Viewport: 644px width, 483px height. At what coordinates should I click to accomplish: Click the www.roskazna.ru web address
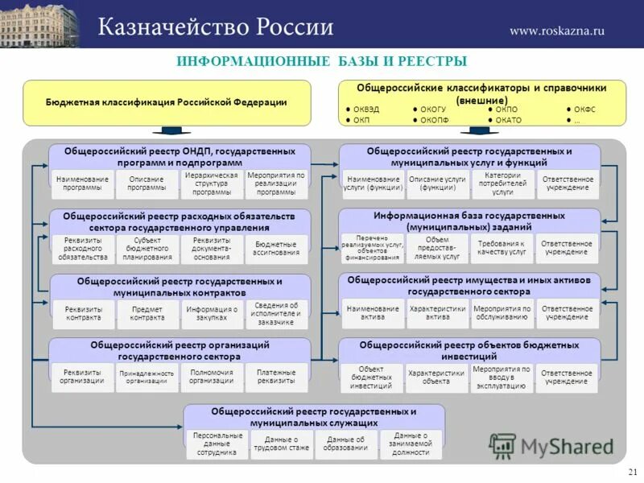coord(556,31)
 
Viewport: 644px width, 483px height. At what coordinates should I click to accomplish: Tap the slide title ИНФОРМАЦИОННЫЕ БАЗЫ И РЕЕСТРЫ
coord(321,62)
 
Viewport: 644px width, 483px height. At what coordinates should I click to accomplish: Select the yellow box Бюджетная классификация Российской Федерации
coord(167,102)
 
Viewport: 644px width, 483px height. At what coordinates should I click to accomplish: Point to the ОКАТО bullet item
coord(505,120)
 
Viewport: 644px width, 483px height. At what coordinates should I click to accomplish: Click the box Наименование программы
coord(82,184)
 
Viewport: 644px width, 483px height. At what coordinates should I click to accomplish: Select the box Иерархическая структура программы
coord(212,184)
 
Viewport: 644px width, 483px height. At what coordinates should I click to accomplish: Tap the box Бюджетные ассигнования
coord(276,249)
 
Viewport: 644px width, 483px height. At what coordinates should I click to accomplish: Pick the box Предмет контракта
coord(147,313)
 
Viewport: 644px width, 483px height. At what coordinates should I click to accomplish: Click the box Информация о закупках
coord(212,313)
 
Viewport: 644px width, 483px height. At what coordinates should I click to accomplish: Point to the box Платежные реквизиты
coord(276,377)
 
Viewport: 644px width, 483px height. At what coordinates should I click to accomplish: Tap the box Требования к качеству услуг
coord(501,248)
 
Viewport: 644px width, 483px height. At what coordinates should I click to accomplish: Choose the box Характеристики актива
coord(437,312)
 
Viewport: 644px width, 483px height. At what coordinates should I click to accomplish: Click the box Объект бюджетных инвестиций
coord(371,377)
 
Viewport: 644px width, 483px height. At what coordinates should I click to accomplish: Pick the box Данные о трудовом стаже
coord(281,443)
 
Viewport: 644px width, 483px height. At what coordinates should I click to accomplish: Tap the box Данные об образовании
coord(345,443)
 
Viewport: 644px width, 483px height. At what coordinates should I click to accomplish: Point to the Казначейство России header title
coord(216,27)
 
